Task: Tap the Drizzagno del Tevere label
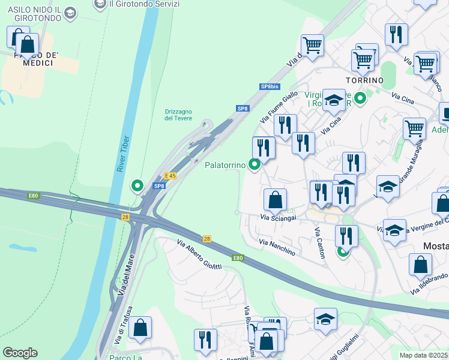[x=178, y=115]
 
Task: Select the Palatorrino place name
[x=225, y=164]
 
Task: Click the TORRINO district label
[x=364, y=80]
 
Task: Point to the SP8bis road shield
[x=270, y=87]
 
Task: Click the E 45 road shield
[x=170, y=176]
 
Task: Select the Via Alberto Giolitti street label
[x=199, y=254]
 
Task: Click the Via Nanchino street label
[x=277, y=247]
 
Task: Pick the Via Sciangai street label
[x=279, y=218]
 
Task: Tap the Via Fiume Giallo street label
[x=279, y=107]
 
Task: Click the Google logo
[x=20, y=353]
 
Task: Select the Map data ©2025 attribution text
[x=423, y=355]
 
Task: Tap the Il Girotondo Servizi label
[x=144, y=4]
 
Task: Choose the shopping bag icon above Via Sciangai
[x=275, y=199]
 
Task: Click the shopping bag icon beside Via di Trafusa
[x=140, y=328]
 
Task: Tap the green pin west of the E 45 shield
[x=137, y=186]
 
